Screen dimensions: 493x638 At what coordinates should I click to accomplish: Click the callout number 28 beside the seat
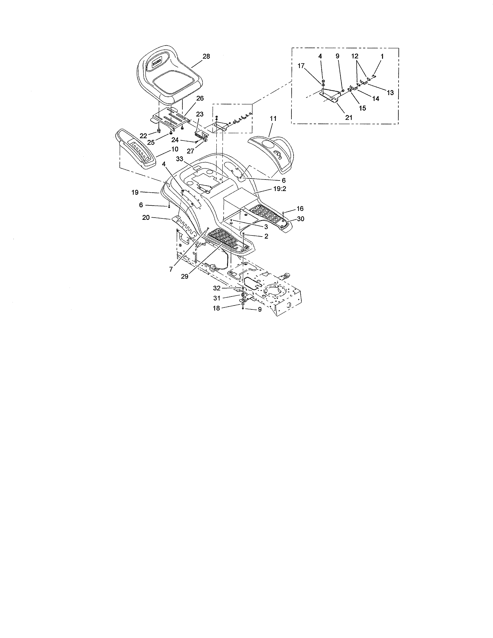tap(206, 56)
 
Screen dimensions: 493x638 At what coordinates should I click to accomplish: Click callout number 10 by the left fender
tap(175, 149)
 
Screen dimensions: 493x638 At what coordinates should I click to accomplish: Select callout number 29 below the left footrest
tap(185, 276)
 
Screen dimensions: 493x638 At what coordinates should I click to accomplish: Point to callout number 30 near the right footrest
tap(300, 219)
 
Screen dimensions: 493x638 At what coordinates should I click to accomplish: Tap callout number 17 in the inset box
tap(301, 66)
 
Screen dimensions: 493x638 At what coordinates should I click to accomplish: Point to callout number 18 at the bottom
tap(216, 308)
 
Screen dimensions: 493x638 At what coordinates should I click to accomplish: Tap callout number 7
tap(171, 269)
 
